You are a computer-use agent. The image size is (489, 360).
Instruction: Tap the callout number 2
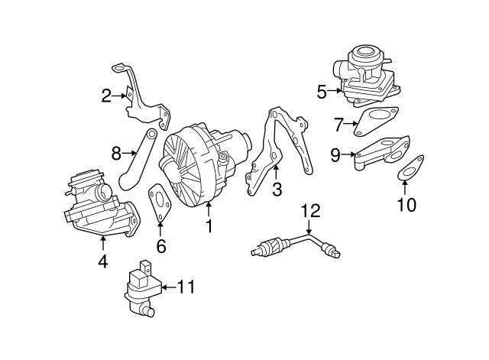click(107, 96)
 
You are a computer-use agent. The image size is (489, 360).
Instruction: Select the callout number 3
click(277, 189)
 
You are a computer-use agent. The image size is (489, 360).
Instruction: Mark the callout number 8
click(117, 153)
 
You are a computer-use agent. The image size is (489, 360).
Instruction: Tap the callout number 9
click(335, 154)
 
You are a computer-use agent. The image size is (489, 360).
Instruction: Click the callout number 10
click(407, 205)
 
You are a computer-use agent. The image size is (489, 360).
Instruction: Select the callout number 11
click(186, 287)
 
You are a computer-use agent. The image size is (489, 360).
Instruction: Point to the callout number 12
click(309, 211)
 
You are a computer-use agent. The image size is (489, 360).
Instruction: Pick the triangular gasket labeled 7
click(374, 122)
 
